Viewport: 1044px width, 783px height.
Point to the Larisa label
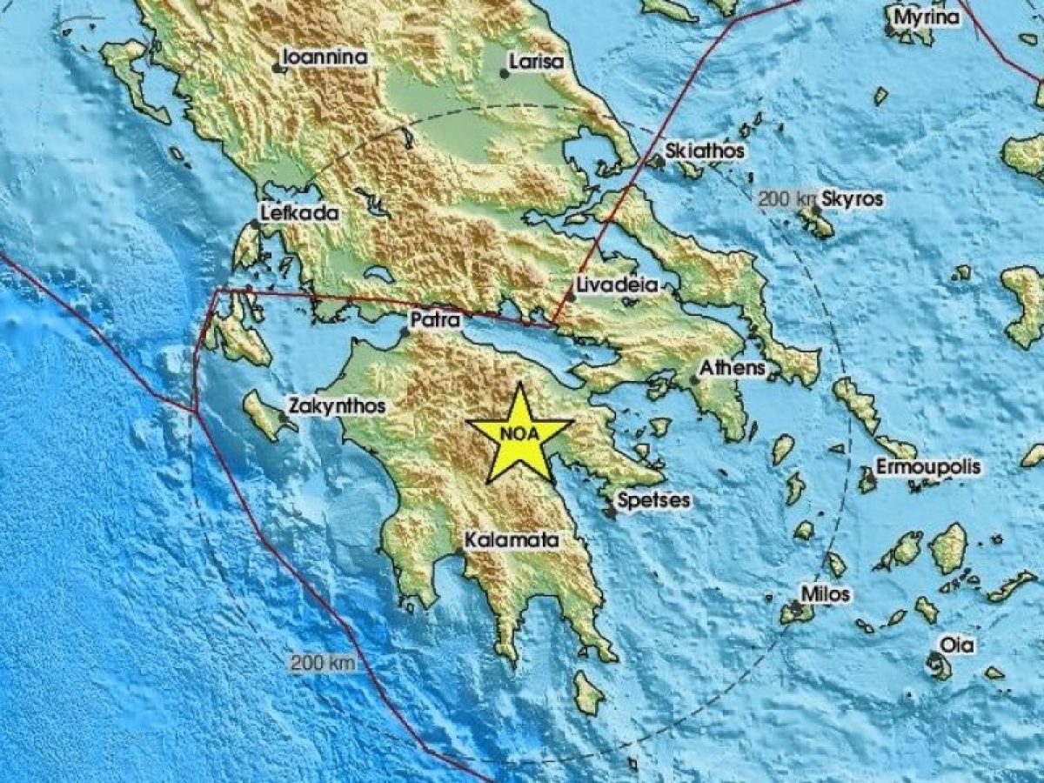pyautogui.click(x=537, y=62)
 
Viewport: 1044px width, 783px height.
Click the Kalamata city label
pyautogui.click(x=511, y=540)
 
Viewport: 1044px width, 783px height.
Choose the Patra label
pyautogui.click(x=435, y=320)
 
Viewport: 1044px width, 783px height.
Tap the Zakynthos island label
pyautogui.click(x=337, y=406)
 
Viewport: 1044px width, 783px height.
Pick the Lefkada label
pyautogui.click(x=300, y=212)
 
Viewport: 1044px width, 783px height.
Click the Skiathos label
pyautogui.click(x=705, y=151)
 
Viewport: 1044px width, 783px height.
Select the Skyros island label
pyautogui.click(x=853, y=199)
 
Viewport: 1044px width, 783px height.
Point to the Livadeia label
pyautogui.click(x=617, y=285)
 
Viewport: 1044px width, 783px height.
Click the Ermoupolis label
pyautogui.click(x=928, y=467)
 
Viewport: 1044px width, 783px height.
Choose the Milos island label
pyautogui.click(x=826, y=594)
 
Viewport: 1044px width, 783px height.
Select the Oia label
pyautogui.click(x=956, y=645)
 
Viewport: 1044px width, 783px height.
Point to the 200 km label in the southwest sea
pyautogui.click(x=323, y=663)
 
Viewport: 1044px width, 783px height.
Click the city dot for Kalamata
pyautogui.click(x=458, y=552)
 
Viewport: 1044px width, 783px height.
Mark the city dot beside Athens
pyautogui.click(x=695, y=379)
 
